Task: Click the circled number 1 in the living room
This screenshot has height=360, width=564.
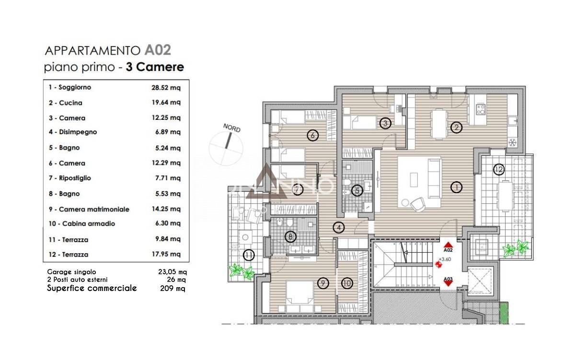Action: click(457, 187)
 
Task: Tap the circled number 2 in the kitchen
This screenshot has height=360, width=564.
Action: click(456, 127)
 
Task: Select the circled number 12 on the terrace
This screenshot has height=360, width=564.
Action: click(498, 169)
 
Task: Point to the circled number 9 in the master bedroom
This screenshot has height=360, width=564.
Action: click(323, 283)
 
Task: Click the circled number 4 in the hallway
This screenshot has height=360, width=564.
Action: click(339, 228)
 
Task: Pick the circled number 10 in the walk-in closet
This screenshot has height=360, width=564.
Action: click(347, 283)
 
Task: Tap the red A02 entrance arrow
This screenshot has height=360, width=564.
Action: click(448, 245)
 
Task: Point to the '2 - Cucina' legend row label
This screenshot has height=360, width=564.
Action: click(65, 103)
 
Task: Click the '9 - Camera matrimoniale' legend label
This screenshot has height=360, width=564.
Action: click(89, 209)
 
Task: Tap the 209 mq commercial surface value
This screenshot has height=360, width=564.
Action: click(172, 289)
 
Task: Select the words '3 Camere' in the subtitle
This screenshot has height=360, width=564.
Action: click(155, 67)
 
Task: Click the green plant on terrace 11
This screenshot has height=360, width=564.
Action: click(241, 271)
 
